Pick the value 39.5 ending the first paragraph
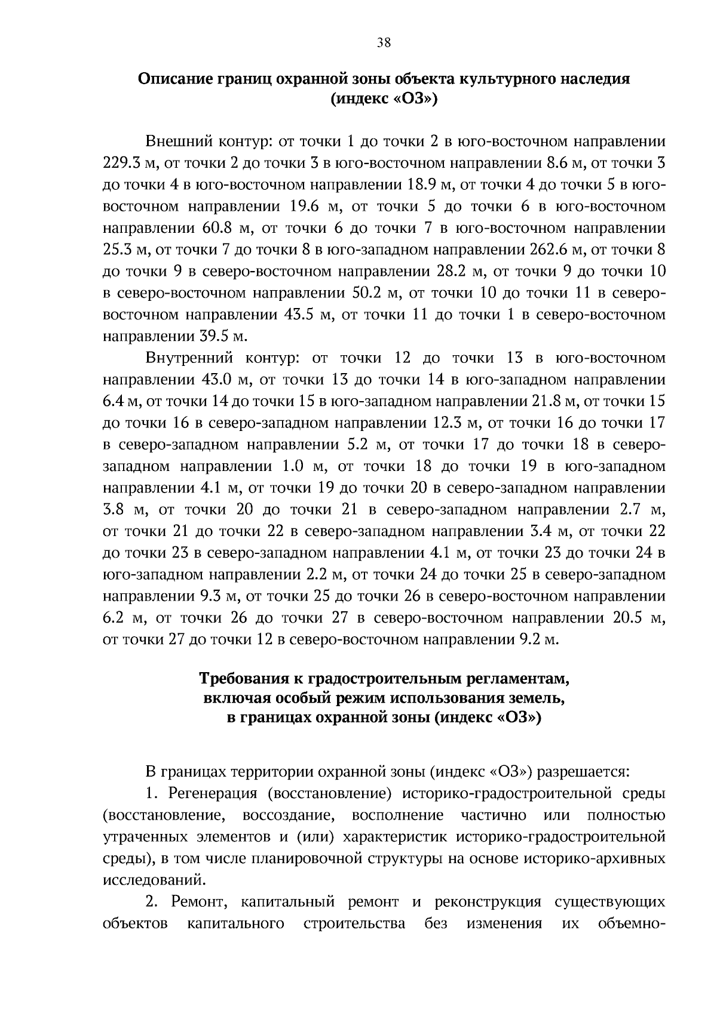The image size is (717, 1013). click(x=213, y=336)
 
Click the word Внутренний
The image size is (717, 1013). click(x=192, y=358)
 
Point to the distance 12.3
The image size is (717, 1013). click(x=452, y=423)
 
